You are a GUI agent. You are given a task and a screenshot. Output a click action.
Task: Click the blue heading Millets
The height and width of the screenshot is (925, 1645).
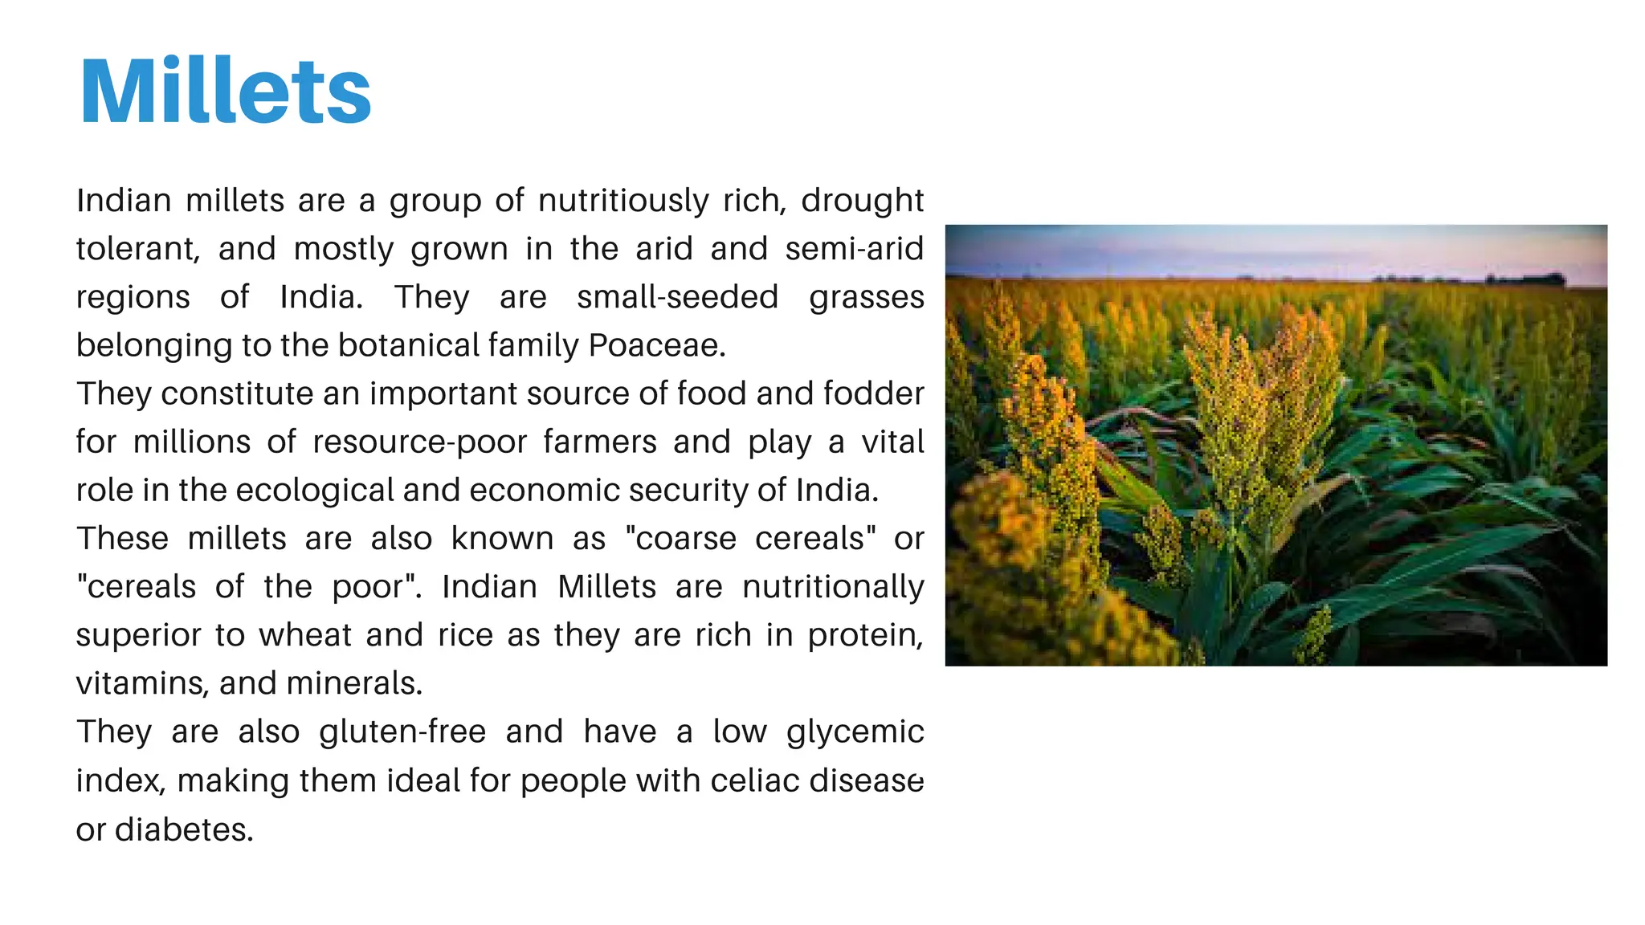pyautogui.click(x=226, y=91)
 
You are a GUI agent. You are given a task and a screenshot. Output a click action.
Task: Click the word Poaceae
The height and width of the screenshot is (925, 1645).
pyautogui.click(x=656, y=345)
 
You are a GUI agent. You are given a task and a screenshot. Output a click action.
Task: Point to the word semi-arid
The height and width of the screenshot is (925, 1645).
pyautogui.click(x=854, y=249)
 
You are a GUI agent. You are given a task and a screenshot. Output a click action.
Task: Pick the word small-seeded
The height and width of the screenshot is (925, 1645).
pyautogui.click(x=677, y=297)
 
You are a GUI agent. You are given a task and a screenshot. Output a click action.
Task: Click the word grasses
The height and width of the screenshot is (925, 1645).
pyautogui.click(x=866, y=297)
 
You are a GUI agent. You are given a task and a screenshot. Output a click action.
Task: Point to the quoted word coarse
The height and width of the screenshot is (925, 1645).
pyautogui.click(x=685, y=539)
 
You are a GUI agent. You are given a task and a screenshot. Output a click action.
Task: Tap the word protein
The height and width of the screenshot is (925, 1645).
pyautogui.click(x=864, y=635)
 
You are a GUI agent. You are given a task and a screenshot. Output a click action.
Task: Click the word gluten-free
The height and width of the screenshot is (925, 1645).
pyautogui.click(x=402, y=732)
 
